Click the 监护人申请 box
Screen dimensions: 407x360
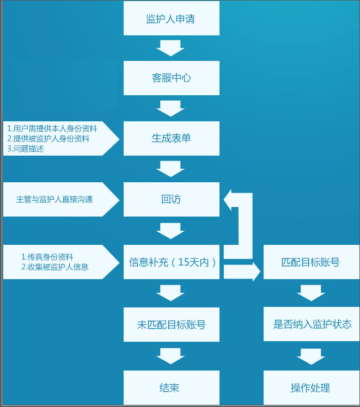[171, 18]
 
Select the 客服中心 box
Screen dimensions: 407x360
[171, 78]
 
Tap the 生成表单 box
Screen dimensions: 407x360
[171, 138]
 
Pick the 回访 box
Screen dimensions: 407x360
[171, 199]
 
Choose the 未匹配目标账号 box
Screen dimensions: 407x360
[171, 325]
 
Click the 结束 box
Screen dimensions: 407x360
[171, 387]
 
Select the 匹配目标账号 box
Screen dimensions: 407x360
[310, 262]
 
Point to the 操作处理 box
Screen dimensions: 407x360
[310, 387]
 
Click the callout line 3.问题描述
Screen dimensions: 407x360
[26, 149]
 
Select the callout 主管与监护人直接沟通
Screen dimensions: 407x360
[54, 199]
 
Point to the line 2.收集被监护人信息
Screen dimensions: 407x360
[54, 267]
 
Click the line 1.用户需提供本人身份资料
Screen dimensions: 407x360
[52, 128]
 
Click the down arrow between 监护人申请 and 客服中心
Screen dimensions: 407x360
[171, 48]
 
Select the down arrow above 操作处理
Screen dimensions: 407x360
[310, 356]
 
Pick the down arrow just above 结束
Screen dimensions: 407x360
[171, 356]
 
